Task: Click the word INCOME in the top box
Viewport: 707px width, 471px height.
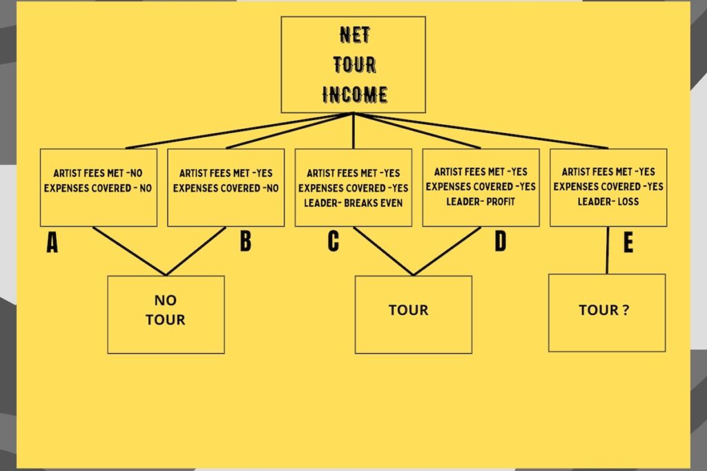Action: coord(353,94)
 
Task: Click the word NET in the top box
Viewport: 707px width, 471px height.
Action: coord(353,34)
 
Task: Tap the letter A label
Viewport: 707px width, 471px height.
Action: coord(52,243)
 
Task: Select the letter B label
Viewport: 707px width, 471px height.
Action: coord(245,242)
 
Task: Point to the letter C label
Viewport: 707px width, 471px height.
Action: coord(333,242)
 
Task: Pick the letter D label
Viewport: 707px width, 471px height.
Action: coord(500,242)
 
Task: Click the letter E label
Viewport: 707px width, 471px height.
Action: coord(628,243)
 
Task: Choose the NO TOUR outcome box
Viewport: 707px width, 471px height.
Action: coord(166,314)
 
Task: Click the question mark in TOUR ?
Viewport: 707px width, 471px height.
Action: coord(625,310)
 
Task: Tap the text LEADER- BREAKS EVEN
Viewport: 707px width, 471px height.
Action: coord(353,203)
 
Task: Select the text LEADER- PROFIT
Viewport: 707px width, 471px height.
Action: coord(481,201)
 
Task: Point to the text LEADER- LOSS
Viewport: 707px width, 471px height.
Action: coord(608,202)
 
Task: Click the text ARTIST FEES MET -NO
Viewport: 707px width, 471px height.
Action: coord(98,173)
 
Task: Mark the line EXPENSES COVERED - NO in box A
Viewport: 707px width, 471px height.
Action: coord(98,188)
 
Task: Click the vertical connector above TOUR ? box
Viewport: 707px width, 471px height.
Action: coord(608,250)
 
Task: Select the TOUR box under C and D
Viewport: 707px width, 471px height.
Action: coord(414,314)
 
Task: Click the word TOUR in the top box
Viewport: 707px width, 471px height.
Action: coord(353,65)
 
